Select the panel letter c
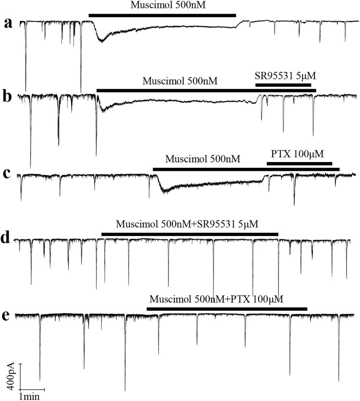click(8, 174)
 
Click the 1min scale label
click(29, 396)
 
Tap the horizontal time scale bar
click(33, 389)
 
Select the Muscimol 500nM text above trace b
click(180, 81)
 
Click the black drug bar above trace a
click(162, 15)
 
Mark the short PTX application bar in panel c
click(300, 164)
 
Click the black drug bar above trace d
click(190, 234)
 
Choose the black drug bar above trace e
click(227, 308)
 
